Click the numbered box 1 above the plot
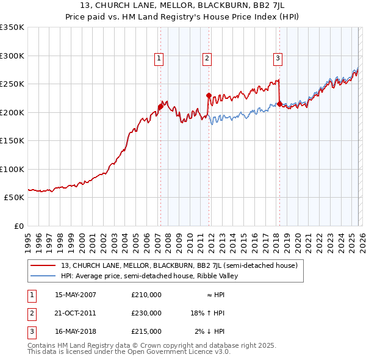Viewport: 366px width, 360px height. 159,59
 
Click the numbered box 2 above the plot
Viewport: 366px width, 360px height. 207,59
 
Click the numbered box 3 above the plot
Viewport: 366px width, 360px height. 278,59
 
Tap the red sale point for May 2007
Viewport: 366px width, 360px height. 160,107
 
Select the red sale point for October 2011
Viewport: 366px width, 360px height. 209,95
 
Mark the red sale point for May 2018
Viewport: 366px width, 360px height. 279,104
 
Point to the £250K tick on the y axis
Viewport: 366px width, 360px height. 12,84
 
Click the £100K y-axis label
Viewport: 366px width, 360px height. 12,169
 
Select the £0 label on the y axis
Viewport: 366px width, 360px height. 18,226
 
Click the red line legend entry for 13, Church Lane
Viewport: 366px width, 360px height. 179,265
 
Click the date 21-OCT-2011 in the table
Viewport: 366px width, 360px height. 75,313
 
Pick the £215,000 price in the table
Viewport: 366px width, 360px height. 146,331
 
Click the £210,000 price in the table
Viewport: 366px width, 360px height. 146,295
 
